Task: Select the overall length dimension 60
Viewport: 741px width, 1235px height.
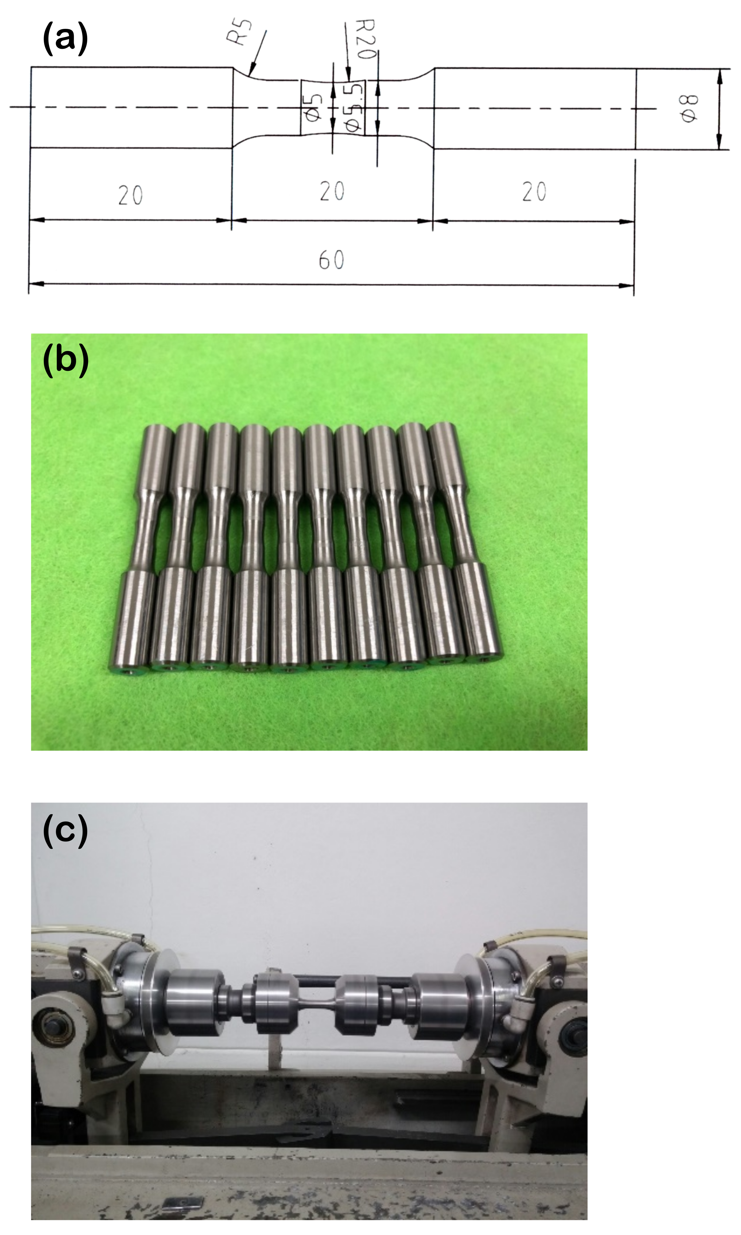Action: (332, 260)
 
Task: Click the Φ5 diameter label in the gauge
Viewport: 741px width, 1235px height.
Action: (312, 107)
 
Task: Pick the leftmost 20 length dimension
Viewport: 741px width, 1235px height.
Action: (130, 195)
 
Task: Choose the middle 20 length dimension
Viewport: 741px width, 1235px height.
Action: (332, 191)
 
